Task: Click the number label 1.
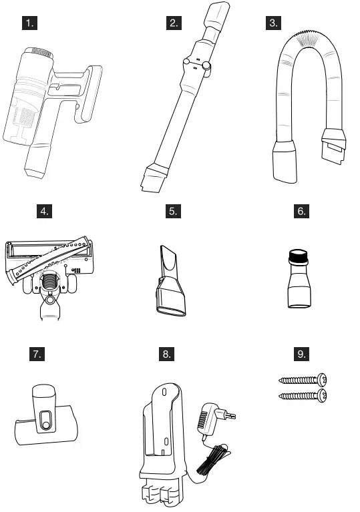click(29, 23)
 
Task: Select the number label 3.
click(273, 23)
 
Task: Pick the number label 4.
click(45, 212)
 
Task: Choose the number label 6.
click(302, 212)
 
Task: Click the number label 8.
click(167, 354)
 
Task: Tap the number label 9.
click(302, 354)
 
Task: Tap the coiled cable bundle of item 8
click(216, 461)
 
